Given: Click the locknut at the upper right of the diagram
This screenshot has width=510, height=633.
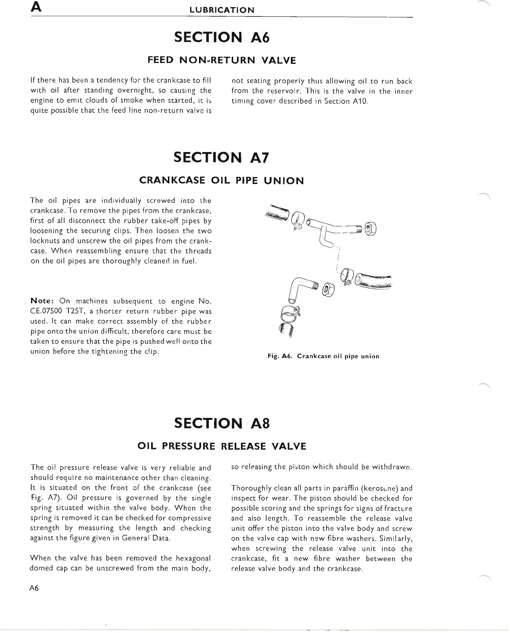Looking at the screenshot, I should (371, 229).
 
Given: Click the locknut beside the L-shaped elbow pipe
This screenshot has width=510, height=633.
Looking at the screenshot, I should (328, 289).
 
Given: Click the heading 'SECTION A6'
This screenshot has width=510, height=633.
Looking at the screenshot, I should (221, 38).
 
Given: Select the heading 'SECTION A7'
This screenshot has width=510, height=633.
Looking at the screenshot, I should (221, 158).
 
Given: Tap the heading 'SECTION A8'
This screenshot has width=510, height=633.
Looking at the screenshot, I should (221, 423).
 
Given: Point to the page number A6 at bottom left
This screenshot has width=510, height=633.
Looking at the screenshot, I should (34, 588).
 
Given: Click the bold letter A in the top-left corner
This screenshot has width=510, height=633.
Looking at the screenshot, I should (35, 8).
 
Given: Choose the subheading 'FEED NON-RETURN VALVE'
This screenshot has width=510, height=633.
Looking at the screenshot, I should (222, 60).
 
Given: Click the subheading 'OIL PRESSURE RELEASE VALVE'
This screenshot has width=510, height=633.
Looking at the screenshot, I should (222, 446).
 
